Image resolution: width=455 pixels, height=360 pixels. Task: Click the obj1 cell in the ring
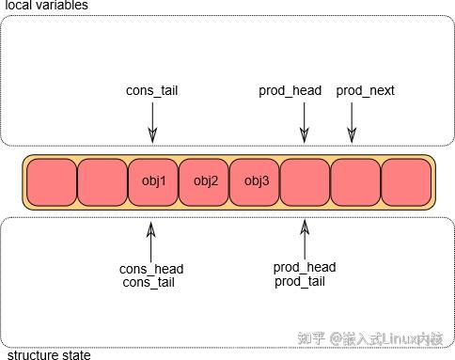[153, 182]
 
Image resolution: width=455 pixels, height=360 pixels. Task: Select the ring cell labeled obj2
[205, 182]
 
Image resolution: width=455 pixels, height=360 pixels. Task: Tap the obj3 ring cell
[256, 182]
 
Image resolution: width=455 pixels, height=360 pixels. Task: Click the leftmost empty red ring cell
[52, 182]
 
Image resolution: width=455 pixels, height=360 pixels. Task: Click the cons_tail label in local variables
[152, 91]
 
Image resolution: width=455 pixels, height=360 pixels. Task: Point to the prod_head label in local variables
[290, 91]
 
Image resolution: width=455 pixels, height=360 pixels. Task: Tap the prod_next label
[366, 91]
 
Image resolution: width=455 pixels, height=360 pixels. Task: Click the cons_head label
[151, 269]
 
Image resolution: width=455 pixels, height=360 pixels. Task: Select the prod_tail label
[301, 282]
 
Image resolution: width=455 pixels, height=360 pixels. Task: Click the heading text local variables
[46, 6]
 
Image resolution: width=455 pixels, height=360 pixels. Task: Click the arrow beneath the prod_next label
[352, 121]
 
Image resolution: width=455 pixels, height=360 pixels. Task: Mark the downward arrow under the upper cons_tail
[152, 121]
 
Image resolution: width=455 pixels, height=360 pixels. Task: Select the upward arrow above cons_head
[151, 241]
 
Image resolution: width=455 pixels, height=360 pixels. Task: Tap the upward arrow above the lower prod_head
[304, 239]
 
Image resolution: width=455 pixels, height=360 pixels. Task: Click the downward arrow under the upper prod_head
[304, 121]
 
